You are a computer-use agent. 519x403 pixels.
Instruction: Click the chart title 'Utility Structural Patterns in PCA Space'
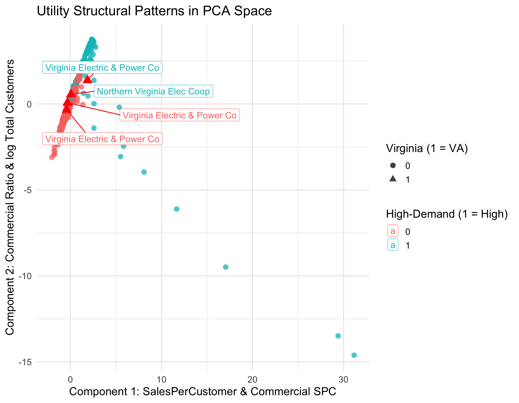(x=154, y=11)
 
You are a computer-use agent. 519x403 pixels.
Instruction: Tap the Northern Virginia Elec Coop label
(x=153, y=91)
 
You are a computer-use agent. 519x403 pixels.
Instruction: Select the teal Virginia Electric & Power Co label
(x=102, y=68)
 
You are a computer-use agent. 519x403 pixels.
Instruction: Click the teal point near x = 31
(x=354, y=355)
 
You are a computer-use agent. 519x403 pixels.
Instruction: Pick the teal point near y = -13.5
(x=338, y=336)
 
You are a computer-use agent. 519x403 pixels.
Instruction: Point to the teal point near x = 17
(x=226, y=267)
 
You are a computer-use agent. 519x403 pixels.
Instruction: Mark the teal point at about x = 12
(x=177, y=209)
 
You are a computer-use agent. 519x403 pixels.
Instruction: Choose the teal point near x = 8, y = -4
(x=144, y=172)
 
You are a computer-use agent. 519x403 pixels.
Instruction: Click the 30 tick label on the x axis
(x=343, y=380)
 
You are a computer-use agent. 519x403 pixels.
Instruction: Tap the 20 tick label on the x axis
(x=252, y=380)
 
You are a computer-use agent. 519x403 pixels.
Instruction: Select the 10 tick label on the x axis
(x=161, y=380)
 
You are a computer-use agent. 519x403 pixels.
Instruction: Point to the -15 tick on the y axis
(x=25, y=362)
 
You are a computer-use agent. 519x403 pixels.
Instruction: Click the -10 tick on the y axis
(x=25, y=276)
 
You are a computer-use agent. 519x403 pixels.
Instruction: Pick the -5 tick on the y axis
(x=27, y=190)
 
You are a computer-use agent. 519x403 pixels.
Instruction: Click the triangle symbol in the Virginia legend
(x=393, y=179)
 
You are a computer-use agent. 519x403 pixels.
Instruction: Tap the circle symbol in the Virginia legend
(x=393, y=166)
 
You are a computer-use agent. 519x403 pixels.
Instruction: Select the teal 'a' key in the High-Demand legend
(x=393, y=245)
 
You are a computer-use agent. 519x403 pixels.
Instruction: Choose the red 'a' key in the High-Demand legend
(x=393, y=231)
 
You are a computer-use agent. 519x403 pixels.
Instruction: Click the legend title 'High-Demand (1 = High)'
(x=447, y=214)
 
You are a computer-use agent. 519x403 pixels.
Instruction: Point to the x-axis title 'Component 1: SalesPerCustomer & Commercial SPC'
(x=202, y=392)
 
